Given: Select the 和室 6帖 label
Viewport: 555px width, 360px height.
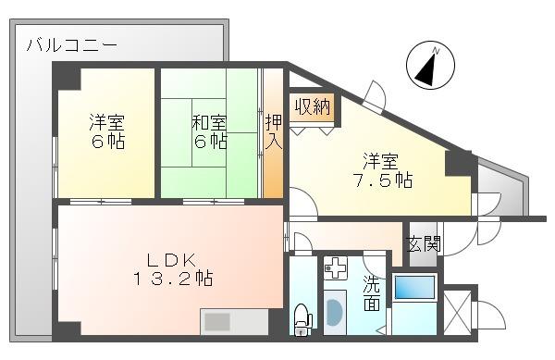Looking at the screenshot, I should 210,131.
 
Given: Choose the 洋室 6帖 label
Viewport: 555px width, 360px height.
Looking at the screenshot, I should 107,131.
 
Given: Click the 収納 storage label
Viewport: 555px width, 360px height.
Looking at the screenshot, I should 312,106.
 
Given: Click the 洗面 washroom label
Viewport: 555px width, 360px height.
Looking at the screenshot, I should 371,292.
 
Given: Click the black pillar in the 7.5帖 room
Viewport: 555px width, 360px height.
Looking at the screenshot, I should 458,164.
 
